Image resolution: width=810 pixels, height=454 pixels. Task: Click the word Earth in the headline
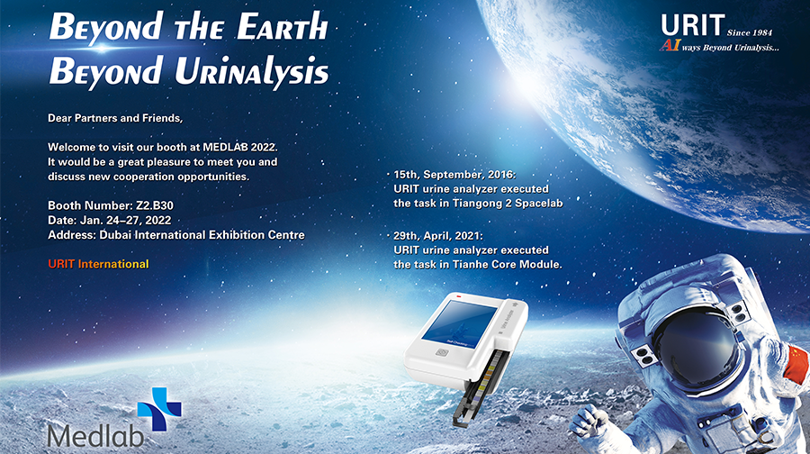coord(283,26)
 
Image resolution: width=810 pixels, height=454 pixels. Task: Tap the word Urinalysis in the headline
coord(252,71)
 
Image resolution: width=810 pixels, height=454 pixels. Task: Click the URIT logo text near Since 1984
coord(693,25)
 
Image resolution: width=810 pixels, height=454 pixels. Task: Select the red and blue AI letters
coord(670,46)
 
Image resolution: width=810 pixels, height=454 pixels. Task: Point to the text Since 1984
coord(750,32)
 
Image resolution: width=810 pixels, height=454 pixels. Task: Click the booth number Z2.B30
coord(155,205)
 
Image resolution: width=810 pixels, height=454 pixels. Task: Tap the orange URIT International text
coord(98,264)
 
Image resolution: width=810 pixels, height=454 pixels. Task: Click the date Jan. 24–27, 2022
coord(125,221)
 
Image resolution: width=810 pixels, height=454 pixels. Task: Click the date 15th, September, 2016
coord(454,175)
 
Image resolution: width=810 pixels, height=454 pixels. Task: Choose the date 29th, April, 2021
coord(438,236)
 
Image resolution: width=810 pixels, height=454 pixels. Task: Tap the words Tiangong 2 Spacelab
coord(508,204)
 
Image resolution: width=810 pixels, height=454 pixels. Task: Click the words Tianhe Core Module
coord(508,264)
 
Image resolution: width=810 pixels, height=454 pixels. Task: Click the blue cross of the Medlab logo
coord(159,409)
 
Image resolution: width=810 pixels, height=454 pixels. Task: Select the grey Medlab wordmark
coord(95,436)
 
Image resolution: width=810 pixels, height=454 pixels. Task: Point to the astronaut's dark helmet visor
coord(695,348)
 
